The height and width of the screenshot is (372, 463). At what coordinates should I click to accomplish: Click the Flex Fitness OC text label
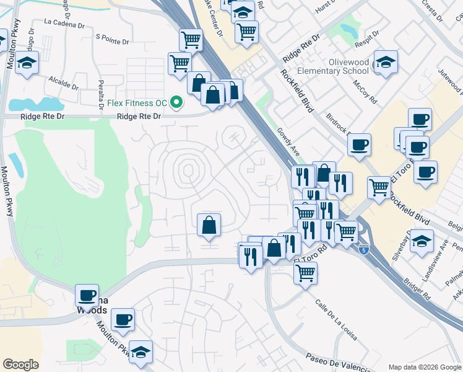(x=136, y=102)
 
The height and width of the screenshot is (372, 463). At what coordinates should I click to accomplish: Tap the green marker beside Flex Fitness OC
(x=177, y=102)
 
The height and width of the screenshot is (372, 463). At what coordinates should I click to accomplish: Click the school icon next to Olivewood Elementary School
(x=385, y=62)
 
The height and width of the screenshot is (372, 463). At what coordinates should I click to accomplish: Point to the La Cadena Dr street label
(x=64, y=24)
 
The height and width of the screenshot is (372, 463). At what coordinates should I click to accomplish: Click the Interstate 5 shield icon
(x=365, y=249)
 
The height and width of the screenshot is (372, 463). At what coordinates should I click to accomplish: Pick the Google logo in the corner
(x=20, y=365)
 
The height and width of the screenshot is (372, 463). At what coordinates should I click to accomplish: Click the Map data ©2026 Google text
(x=424, y=367)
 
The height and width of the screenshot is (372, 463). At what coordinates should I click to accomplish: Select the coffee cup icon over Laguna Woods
(x=87, y=295)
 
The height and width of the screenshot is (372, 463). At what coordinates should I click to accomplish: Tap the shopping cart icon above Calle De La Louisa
(x=305, y=272)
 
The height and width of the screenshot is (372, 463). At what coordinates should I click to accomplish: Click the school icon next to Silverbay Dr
(x=422, y=241)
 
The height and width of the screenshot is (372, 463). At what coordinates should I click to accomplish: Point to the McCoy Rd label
(x=365, y=92)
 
